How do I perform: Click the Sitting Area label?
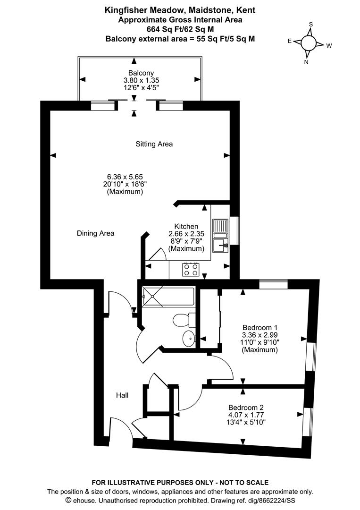tap(154, 144)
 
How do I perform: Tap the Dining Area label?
tap(95, 233)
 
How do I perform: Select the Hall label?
tap(122, 395)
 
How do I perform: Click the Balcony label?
tap(141, 73)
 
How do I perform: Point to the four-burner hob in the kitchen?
tap(191, 269)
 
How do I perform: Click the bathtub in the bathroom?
tap(168, 296)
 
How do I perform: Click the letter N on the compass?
tap(306, 62)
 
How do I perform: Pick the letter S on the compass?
tap(310, 25)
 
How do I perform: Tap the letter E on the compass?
tap(290, 41)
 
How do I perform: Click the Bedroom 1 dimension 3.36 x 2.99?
tap(260, 335)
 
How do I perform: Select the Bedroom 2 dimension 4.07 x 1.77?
tap(246, 415)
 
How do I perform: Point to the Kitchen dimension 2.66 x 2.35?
tap(186, 234)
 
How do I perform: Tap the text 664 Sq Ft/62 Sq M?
tap(180, 29)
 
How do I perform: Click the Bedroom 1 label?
tap(260, 327)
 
